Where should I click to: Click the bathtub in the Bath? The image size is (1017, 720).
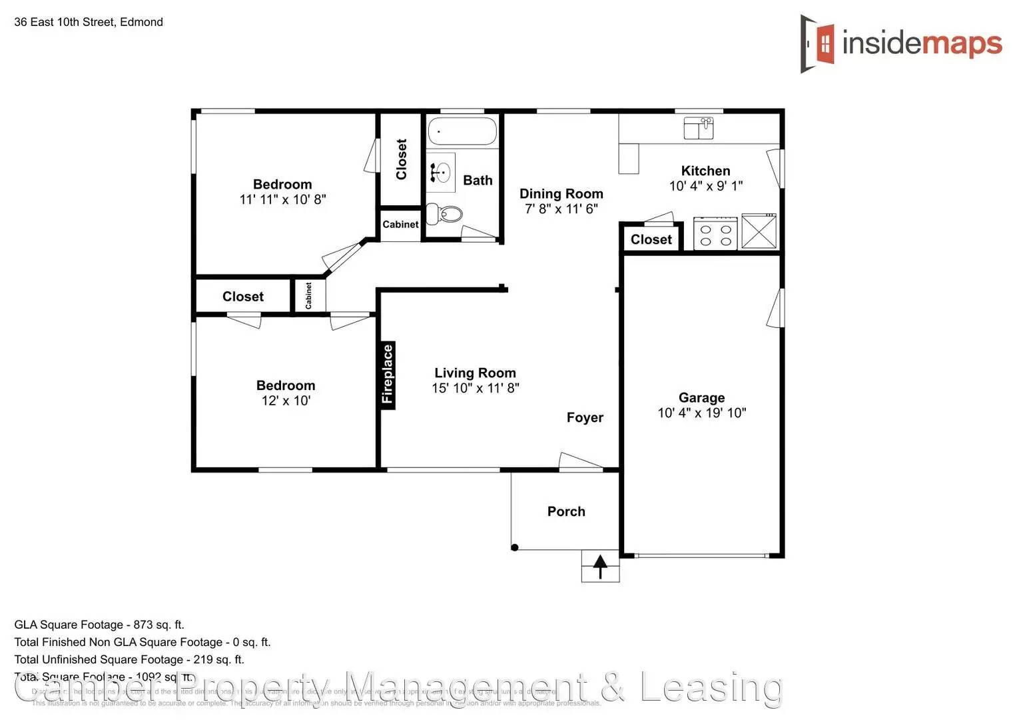(x=462, y=131)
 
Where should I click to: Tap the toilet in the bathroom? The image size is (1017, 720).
(x=446, y=214)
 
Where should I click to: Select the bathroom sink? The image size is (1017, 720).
(x=440, y=172)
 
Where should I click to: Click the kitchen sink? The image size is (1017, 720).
(x=699, y=127)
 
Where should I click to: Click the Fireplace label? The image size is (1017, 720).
(x=388, y=374)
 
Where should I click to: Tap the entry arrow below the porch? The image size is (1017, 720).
(x=600, y=567)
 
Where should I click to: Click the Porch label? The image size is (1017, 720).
(x=566, y=511)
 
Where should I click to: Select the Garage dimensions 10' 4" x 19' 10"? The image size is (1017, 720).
(x=702, y=413)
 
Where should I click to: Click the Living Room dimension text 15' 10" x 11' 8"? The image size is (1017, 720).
(x=475, y=388)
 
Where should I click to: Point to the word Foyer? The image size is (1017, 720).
(x=585, y=417)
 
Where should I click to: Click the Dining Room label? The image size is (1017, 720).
(x=561, y=193)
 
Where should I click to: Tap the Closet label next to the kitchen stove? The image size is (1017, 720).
(x=651, y=239)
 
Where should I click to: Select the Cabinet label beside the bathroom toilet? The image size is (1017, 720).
(x=400, y=225)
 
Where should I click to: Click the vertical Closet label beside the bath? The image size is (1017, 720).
(x=402, y=159)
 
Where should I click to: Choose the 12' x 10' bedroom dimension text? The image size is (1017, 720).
(x=286, y=401)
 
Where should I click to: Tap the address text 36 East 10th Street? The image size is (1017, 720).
(x=65, y=22)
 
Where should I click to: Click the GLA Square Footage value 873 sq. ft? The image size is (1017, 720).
(x=159, y=625)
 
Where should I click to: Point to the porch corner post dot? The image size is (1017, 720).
(x=515, y=548)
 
